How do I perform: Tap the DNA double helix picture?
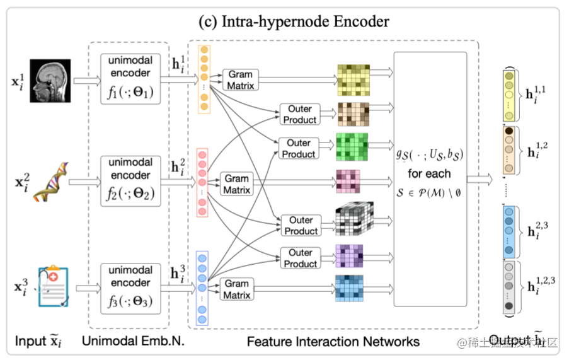point(50,182)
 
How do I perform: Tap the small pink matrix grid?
point(348,182)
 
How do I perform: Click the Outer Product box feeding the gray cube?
point(301,226)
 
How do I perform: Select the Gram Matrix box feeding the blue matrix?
point(237,289)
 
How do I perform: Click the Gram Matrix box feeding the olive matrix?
point(240,79)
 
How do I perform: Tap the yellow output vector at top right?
point(509,95)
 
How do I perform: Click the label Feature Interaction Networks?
point(333,341)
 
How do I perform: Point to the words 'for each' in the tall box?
point(429,173)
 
